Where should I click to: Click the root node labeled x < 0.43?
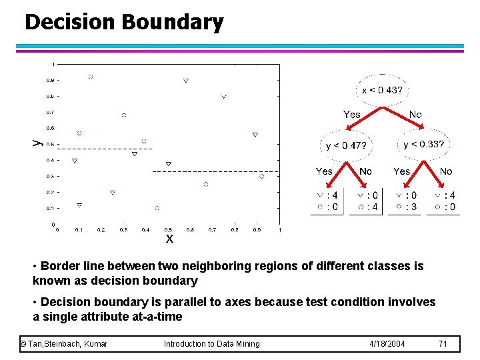(x=381, y=90)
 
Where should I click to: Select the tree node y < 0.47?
(x=346, y=145)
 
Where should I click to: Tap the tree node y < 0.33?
(x=423, y=143)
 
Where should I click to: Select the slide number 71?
(x=443, y=343)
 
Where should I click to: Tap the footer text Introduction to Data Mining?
(x=211, y=343)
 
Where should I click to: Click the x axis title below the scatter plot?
(x=169, y=238)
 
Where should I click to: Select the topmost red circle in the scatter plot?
(x=91, y=77)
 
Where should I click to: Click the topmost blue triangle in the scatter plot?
(x=186, y=81)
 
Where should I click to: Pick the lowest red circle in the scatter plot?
(x=157, y=208)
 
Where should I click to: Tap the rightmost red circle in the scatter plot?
(x=261, y=176)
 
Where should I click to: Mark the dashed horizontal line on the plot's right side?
(x=213, y=171)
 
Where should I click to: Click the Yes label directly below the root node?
(x=351, y=115)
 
